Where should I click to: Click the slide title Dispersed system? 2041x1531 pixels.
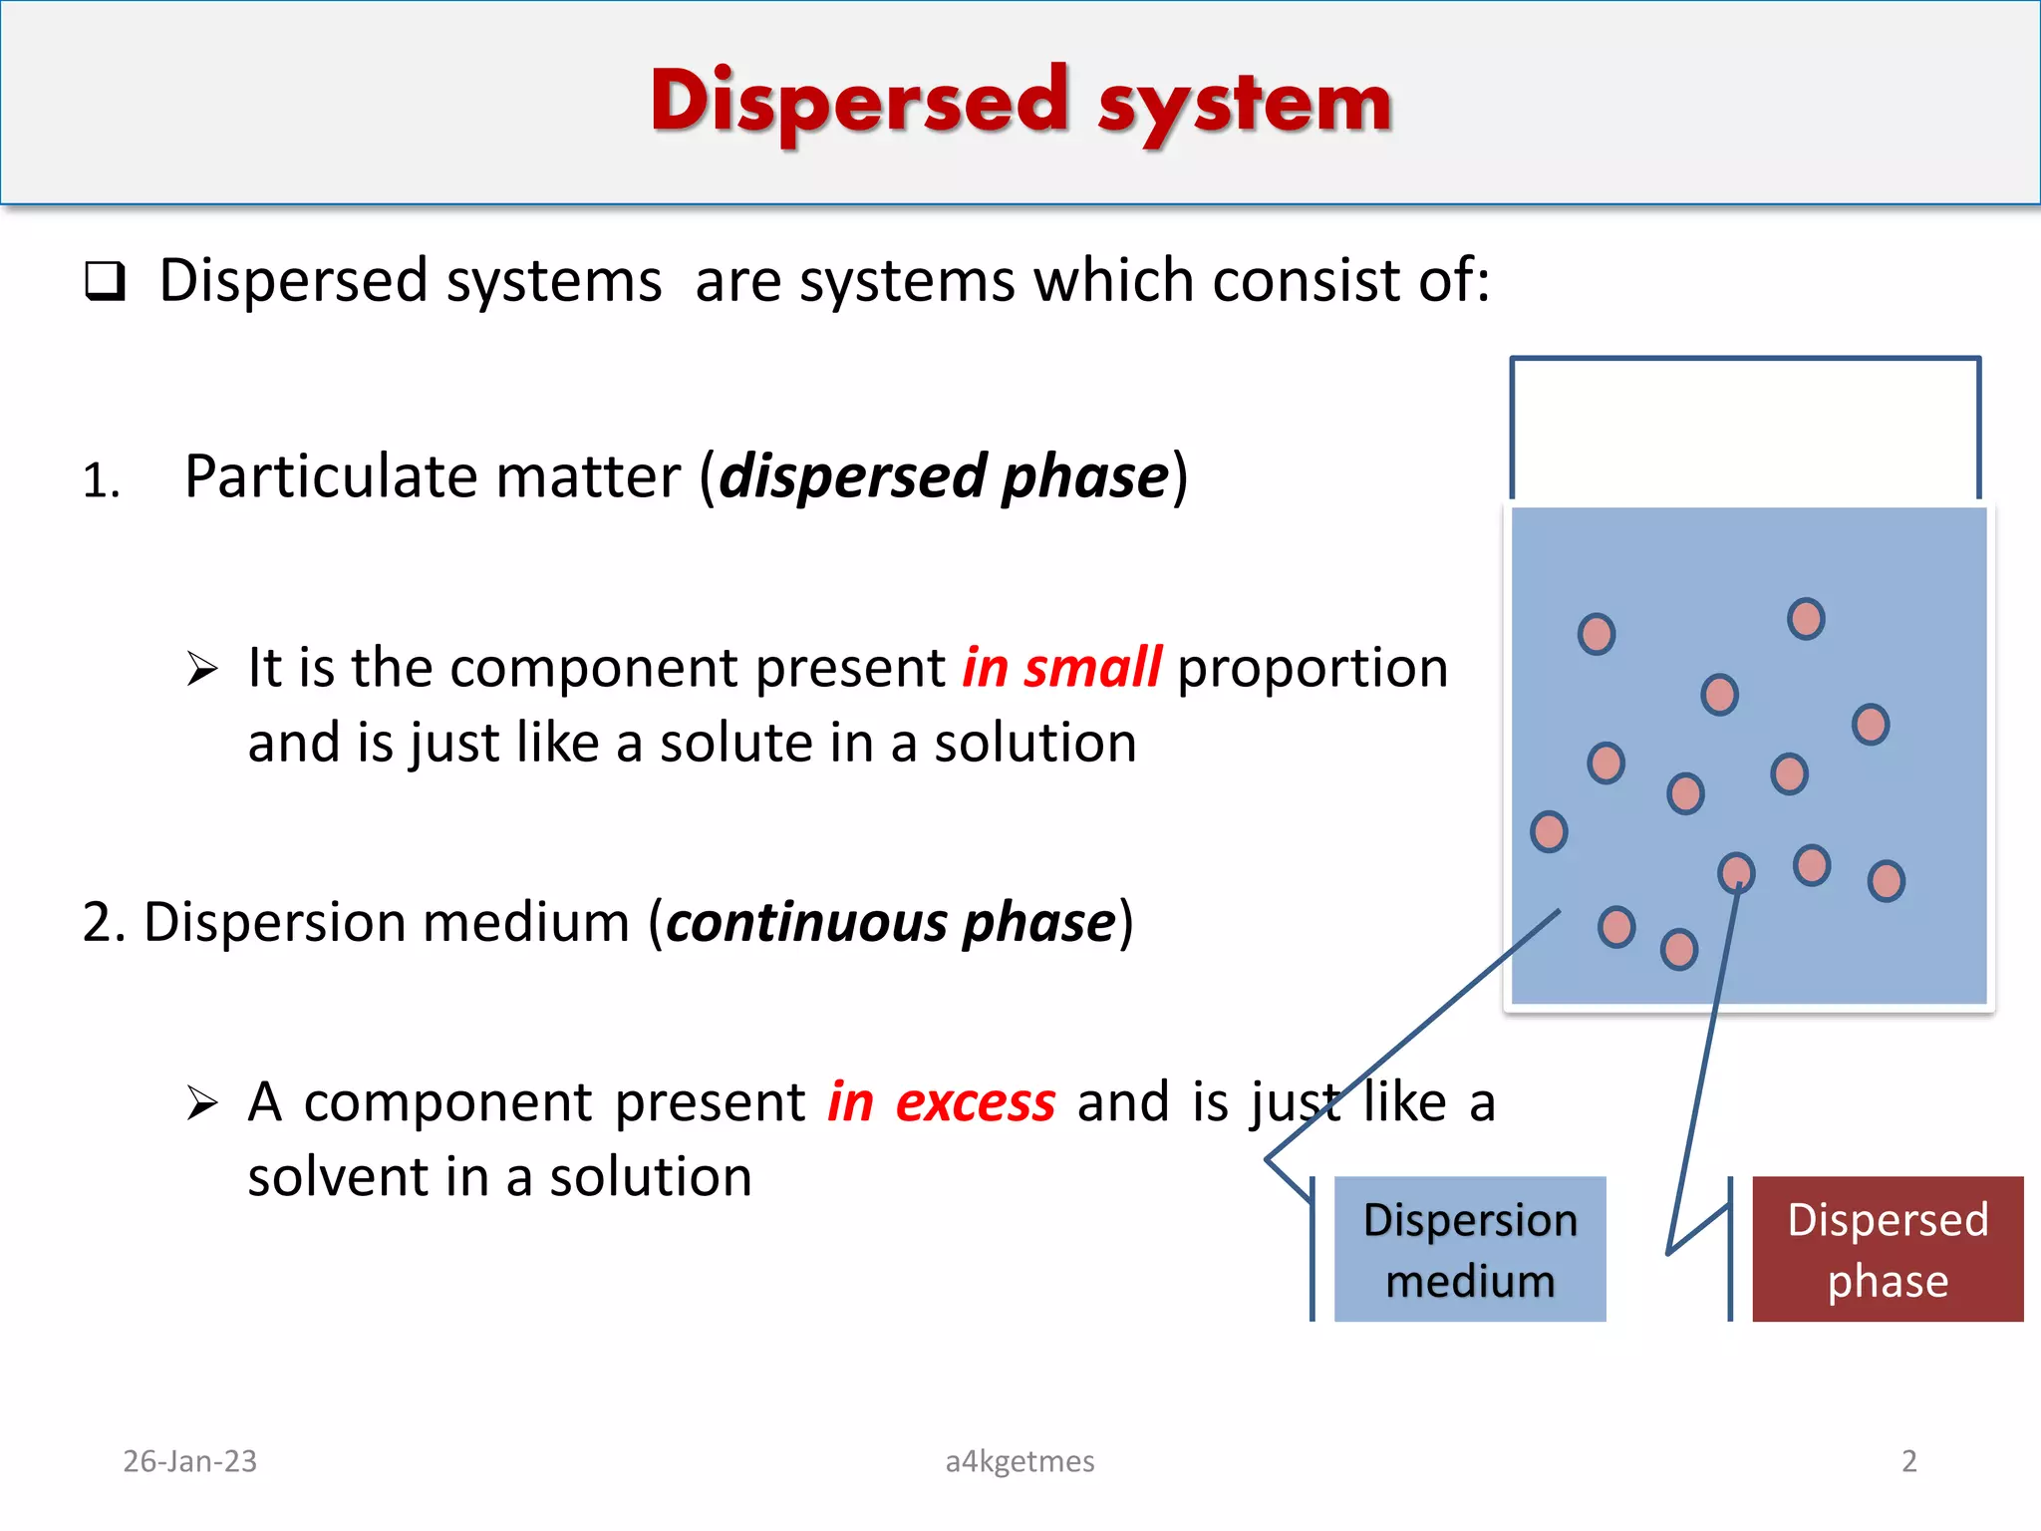click(1020, 102)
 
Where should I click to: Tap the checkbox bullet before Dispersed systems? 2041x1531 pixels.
click(105, 281)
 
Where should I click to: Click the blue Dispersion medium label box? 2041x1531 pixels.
click(1469, 1249)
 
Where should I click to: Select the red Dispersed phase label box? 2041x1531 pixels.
click(1887, 1249)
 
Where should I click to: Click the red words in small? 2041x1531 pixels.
click(1061, 668)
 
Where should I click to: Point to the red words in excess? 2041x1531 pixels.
click(941, 1102)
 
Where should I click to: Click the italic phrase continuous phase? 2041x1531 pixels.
click(890, 922)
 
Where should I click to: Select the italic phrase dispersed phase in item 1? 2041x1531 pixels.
click(943, 476)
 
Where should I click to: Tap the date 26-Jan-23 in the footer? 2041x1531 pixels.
click(189, 1461)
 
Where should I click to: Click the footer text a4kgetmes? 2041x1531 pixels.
click(1020, 1461)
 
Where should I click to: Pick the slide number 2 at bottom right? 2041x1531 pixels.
click(1908, 1461)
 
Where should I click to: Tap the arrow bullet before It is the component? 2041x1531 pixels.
click(202, 669)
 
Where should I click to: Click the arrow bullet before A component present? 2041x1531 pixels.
click(202, 1103)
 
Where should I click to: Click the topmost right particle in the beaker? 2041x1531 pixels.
click(1806, 619)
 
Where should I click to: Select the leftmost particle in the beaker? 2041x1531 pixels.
click(1549, 831)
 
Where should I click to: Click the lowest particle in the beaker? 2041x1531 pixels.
click(1679, 949)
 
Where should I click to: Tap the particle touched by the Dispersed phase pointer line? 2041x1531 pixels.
click(1737, 872)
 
